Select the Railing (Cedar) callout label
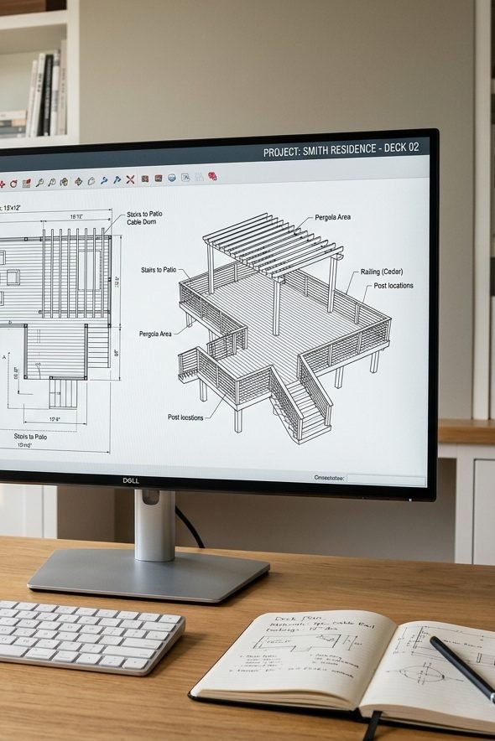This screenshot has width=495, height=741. [382, 272]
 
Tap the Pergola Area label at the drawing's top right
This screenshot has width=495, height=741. [333, 218]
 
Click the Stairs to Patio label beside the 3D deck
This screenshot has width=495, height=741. [159, 271]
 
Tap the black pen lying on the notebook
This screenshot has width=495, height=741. [461, 667]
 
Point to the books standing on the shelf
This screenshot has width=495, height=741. [46, 92]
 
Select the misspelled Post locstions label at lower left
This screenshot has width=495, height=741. [185, 417]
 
